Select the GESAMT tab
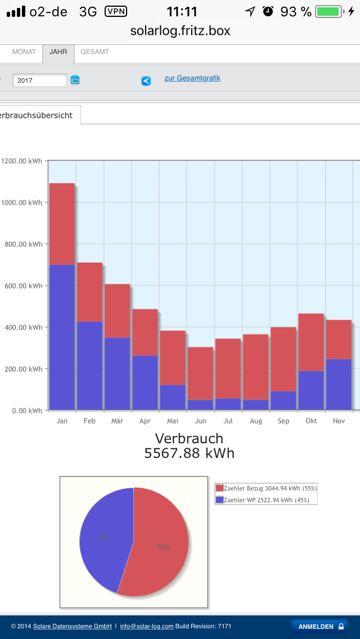[94, 52]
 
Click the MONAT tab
[24, 52]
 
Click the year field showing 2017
[39, 80]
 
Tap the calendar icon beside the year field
[75, 80]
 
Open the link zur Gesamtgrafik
[192, 78]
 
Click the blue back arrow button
[146, 81]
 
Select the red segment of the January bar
[62, 224]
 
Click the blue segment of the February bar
[89, 365]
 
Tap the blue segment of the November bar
[339, 384]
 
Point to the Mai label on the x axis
[173, 421]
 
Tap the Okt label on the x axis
[311, 421]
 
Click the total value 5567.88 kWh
[189, 453]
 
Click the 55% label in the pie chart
[164, 547]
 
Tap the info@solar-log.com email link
[147, 626]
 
